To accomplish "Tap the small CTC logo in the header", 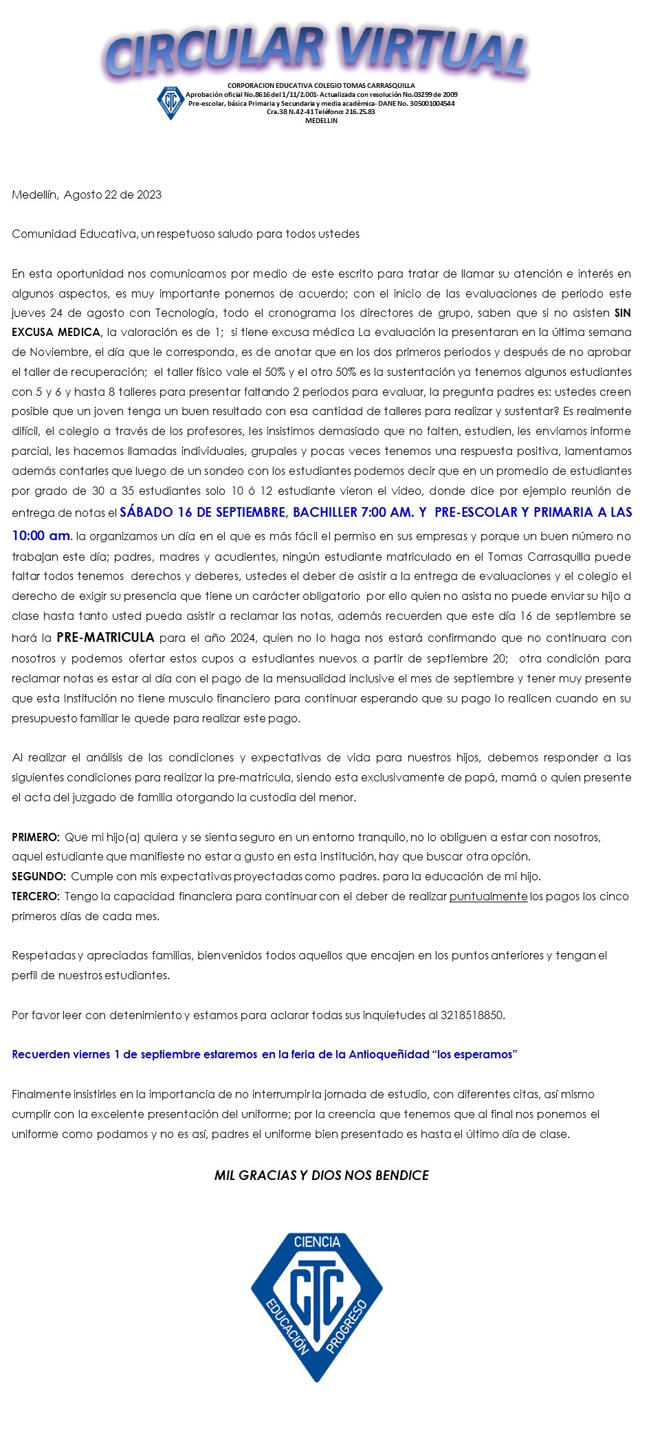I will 170,103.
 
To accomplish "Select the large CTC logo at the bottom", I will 317,1307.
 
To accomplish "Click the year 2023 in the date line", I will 149,194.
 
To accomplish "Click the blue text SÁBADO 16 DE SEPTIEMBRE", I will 203,512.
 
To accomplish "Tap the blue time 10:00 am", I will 41,535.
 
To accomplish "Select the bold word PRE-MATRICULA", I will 105,638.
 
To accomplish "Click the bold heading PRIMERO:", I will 36,837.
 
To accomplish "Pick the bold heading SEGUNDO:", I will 38,876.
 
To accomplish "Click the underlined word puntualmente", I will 488,896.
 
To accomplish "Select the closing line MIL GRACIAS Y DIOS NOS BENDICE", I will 322,1176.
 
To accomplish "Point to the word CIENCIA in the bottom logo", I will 317,1242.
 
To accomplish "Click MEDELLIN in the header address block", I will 321,120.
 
